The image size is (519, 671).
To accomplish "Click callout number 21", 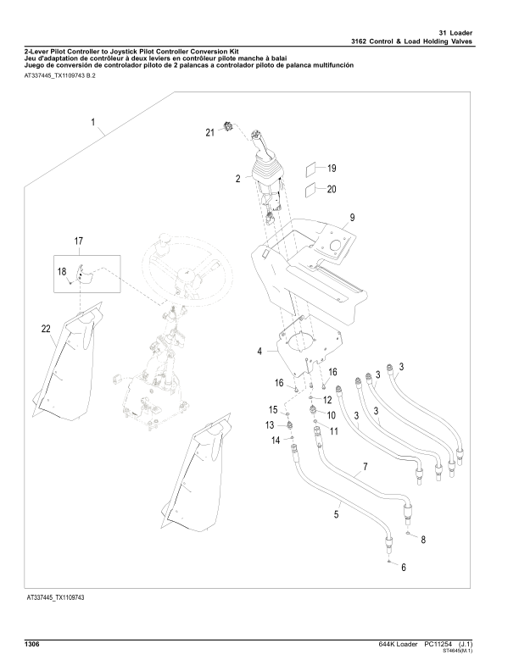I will tap(209, 132).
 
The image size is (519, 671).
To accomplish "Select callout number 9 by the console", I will tap(351, 219).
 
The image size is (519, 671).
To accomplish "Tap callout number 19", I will tap(332, 168).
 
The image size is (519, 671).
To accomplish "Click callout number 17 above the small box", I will tap(78, 242).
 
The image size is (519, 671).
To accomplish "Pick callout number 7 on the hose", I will tap(365, 468).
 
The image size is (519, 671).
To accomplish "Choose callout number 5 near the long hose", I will tap(337, 514).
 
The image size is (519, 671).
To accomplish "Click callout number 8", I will tap(423, 539).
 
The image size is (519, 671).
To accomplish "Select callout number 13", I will tap(270, 424).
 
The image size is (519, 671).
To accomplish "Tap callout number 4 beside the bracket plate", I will tap(259, 350).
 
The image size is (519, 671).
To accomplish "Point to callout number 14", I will tap(275, 441).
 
